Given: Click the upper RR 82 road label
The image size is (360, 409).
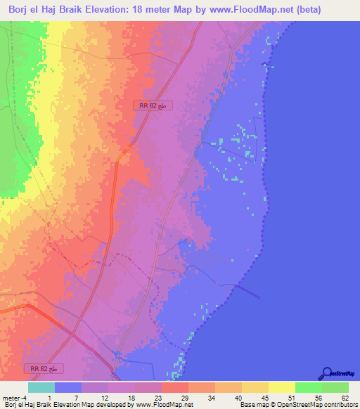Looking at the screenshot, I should [x=153, y=105].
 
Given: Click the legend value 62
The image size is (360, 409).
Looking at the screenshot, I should [x=344, y=398].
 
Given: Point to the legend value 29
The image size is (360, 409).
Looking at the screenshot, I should [x=184, y=398].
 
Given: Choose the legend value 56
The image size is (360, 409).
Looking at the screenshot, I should [x=317, y=398].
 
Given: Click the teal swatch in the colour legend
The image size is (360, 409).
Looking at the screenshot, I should [x=41, y=387].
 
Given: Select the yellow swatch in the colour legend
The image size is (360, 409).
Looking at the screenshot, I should [x=281, y=387].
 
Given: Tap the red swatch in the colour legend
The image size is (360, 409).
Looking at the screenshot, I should [x=174, y=387].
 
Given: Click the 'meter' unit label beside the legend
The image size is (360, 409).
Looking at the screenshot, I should [x=11, y=398].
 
